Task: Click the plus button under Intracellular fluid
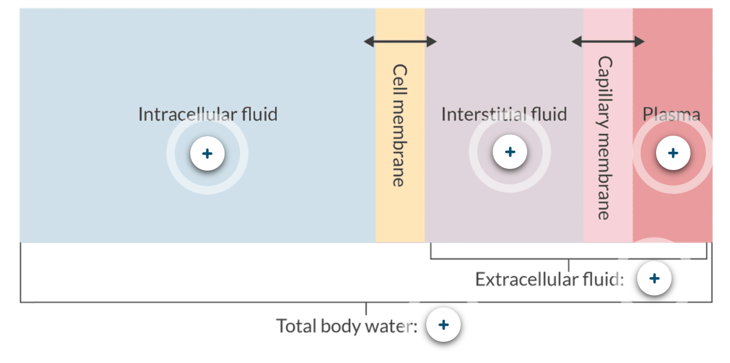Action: point(207,153)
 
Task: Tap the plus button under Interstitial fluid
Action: point(510,152)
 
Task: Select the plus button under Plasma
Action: point(673,153)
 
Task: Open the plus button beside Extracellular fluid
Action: point(654,279)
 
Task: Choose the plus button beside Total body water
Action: point(444,325)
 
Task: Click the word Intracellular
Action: point(186,114)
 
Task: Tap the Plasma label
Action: point(671,115)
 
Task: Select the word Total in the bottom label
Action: point(297,326)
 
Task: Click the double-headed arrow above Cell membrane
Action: point(400,41)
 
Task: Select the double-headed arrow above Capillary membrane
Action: point(608,41)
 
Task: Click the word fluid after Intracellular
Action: point(259,114)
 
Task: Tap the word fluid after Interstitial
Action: point(547,114)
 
